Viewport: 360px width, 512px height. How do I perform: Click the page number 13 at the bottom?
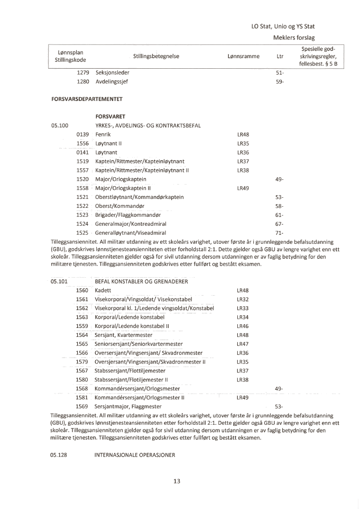[177, 481]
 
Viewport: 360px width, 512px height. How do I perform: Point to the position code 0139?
[82, 134]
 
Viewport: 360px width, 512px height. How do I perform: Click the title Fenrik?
[103, 134]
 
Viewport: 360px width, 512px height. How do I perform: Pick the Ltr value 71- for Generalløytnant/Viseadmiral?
[280, 233]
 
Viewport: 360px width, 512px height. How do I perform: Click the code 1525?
[82, 233]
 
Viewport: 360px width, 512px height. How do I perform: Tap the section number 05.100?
[59, 125]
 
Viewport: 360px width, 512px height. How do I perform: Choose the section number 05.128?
[59, 454]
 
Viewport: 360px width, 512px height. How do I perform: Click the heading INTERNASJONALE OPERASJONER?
[134, 454]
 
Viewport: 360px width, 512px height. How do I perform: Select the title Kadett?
[103, 290]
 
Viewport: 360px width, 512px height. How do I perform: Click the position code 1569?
[82, 406]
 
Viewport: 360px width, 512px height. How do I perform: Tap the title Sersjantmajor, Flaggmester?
[128, 406]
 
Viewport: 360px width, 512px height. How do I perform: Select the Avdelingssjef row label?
[112, 82]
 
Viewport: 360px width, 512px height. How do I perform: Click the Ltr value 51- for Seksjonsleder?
[280, 72]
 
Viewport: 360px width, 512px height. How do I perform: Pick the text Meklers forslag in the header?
[294, 37]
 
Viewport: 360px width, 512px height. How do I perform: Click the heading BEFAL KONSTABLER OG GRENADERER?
[141, 281]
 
